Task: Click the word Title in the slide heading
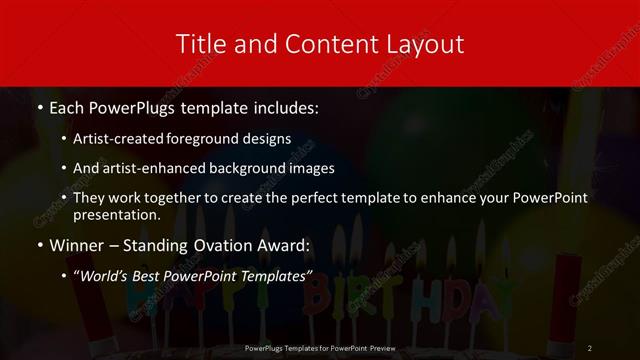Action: [200, 44]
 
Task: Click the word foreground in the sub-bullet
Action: [211, 139]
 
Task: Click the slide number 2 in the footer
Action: [590, 347]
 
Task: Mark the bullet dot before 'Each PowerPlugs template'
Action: [39, 106]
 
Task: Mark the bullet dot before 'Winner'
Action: [39, 246]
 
